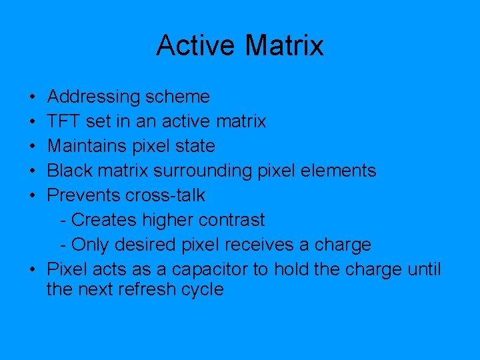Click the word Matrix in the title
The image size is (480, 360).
[285, 46]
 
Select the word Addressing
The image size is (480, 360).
[94, 97]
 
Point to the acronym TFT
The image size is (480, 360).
[63, 122]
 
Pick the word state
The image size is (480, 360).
[197, 146]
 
